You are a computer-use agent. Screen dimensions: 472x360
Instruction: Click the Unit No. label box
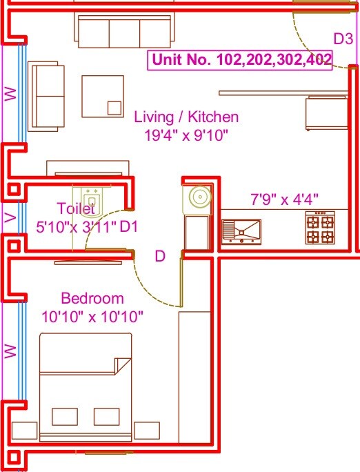tap(241, 60)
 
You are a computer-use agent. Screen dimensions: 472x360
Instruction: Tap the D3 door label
tap(343, 39)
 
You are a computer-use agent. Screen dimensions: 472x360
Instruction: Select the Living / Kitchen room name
tap(186, 117)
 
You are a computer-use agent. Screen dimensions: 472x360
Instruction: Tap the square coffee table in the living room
tap(103, 97)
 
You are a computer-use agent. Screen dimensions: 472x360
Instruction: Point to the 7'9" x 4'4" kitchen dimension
tap(283, 200)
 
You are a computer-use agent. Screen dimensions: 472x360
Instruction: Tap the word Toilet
tap(75, 208)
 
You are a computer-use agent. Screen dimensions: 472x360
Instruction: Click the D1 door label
tap(130, 226)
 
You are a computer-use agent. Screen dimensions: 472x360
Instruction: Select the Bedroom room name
tap(92, 299)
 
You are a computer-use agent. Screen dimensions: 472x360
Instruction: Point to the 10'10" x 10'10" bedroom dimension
tap(92, 317)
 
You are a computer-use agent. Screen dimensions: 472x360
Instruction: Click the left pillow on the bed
tap(65, 416)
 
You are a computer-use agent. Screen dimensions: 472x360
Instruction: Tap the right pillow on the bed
tap(106, 416)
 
